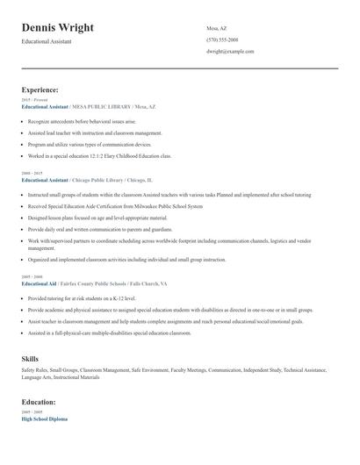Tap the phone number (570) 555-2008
click(222, 39)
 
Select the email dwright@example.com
click(230, 51)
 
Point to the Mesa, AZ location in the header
click(216, 28)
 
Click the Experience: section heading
click(40, 89)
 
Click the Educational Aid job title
click(38, 283)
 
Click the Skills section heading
click(30, 359)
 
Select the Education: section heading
click(39, 401)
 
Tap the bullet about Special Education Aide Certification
click(114, 205)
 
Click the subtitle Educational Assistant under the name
click(47, 41)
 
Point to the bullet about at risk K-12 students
click(83, 298)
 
